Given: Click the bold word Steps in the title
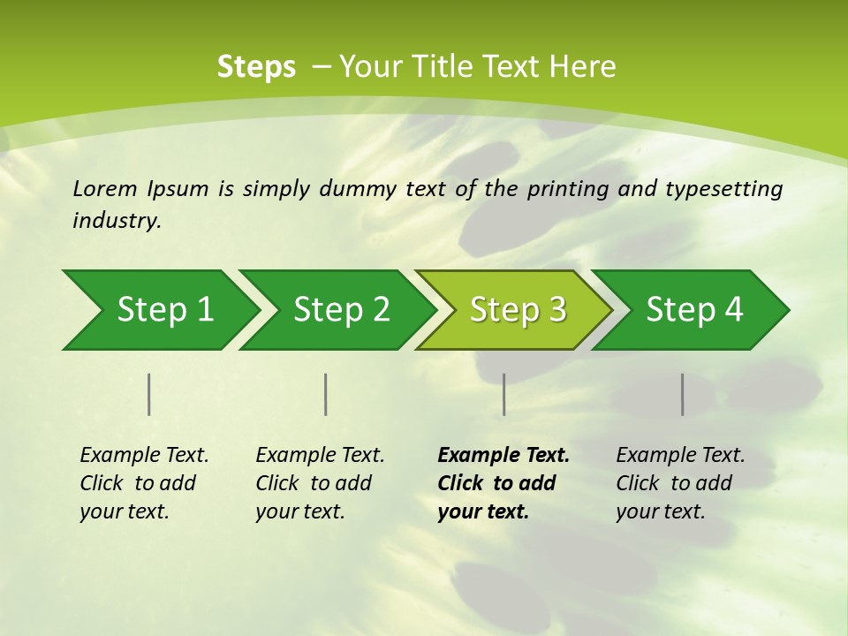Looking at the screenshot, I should click(x=256, y=66).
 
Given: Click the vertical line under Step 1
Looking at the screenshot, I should click(x=149, y=394).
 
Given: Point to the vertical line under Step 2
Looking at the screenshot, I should click(x=326, y=394).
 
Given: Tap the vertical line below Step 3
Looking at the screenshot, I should click(x=503, y=394).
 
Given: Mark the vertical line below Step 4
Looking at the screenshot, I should click(x=683, y=394).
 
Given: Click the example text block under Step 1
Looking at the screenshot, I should click(x=144, y=483).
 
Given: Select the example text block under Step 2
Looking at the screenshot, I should click(x=320, y=483).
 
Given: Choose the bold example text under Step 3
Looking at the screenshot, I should click(x=503, y=483).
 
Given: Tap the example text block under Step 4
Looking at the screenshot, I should click(x=680, y=483).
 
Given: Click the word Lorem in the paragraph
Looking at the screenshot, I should click(x=105, y=188).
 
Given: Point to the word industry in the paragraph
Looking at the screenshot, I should click(x=117, y=221).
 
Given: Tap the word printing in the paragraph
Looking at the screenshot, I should click(x=568, y=189).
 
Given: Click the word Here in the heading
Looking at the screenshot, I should click(x=584, y=66).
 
